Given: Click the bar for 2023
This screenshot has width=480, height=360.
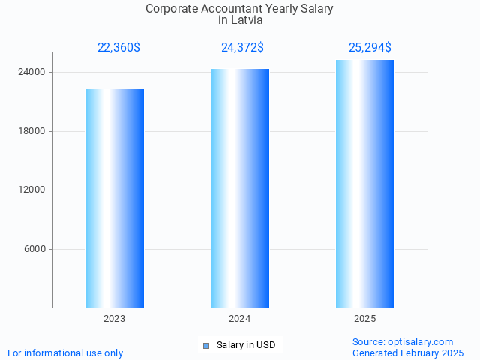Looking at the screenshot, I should pyautogui.click(x=115, y=198).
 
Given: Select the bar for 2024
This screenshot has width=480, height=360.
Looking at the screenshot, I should pyautogui.click(x=240, y=188).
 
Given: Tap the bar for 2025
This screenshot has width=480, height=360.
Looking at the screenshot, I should pyautogui.click(x=364, y=184).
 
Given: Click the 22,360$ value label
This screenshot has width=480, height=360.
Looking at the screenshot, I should pyautogui.click(x=118, y=48).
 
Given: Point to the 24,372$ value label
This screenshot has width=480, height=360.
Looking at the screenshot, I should pyautogui.click(x=242, y=48).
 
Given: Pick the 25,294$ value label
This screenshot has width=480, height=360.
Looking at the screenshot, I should pyautogui.click(x=370, y=48).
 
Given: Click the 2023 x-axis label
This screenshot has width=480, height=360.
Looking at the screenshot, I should pyautogui.click(x=115, y=319).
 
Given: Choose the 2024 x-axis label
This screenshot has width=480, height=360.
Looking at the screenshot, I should pyautogui.click(x=240, y=319).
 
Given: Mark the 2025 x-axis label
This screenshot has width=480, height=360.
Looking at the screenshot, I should pyautogui.click(x=364, y=319).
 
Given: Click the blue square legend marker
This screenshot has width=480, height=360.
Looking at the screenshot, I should pyautogui.click(x=206, y=346).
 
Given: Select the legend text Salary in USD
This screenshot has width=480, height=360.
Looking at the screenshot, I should pyautogui.click(x=246, y=345).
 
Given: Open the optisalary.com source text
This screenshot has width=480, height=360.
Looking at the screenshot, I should pyautogui.click(x=403, y=342).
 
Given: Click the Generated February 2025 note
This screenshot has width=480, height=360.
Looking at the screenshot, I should pyautogui.click(x=408, y=353).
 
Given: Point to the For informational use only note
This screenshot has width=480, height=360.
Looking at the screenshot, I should pyautogui.click(x=65, y=353).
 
